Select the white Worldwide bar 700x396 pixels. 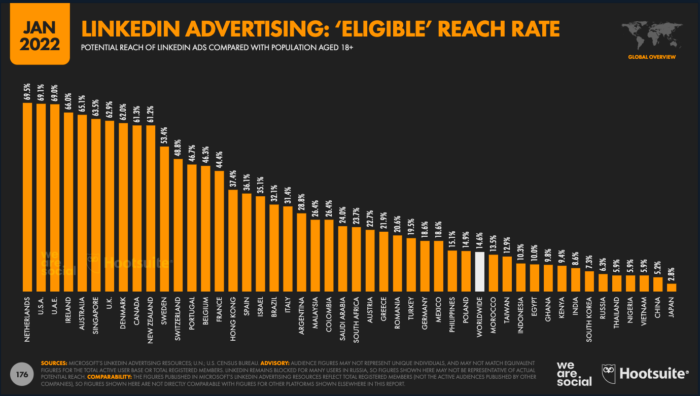point(480,271)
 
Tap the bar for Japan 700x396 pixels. point(671,287)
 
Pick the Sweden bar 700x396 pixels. point(164,219)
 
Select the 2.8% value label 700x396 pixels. point(671,272)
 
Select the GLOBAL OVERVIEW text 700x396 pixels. point(651,57)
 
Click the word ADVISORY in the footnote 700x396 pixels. point(274,363)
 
